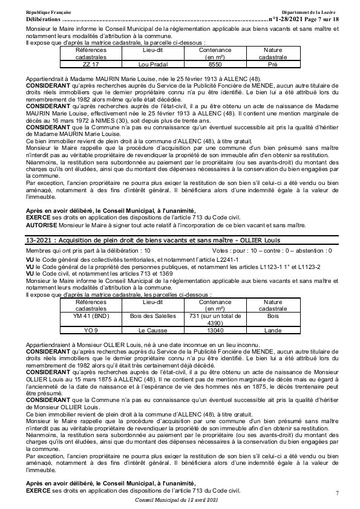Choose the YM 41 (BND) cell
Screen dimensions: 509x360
90,316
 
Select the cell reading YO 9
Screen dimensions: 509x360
90,331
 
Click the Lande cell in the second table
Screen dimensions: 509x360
273,331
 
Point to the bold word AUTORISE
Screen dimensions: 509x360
44,224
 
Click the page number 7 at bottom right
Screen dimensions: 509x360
337,494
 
